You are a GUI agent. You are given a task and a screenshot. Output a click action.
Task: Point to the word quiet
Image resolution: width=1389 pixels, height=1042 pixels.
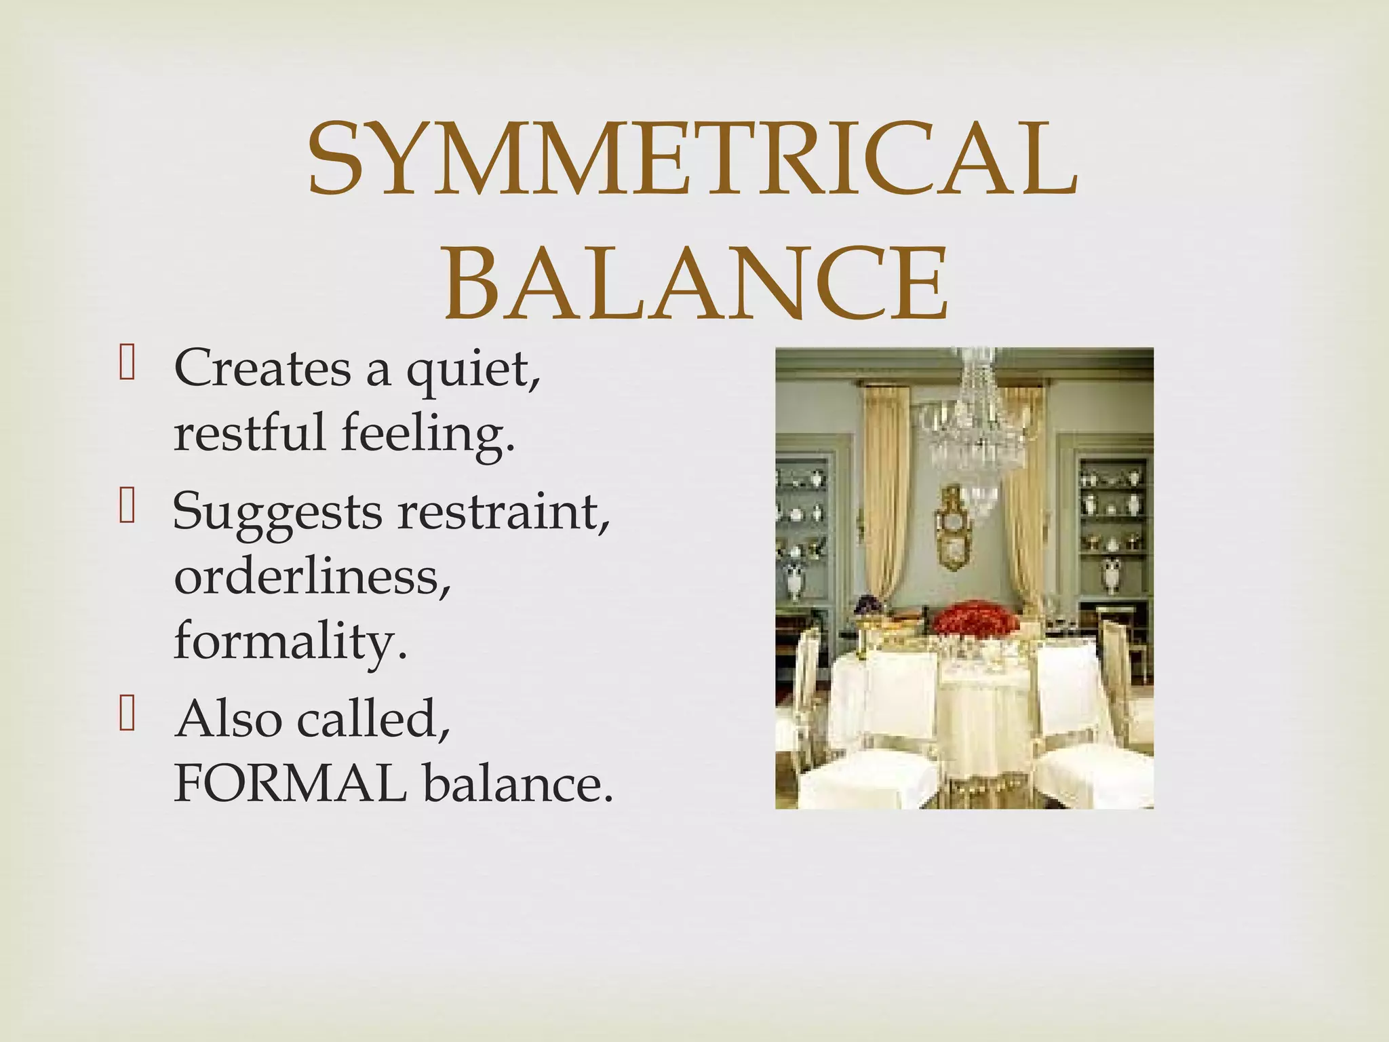tap(473, 370)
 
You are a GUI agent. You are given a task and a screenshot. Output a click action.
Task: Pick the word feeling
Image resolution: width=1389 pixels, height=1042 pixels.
tap(428, 434)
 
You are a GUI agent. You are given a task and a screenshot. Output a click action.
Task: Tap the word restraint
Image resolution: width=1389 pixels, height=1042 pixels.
tap(504, 510)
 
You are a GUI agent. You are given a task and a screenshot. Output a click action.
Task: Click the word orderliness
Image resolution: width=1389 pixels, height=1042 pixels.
tap(313, 577)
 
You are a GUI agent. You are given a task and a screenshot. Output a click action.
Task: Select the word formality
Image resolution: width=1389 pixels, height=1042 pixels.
tap(291, 641)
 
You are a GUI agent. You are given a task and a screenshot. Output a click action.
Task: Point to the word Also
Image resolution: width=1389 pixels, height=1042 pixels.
tap(228, 719)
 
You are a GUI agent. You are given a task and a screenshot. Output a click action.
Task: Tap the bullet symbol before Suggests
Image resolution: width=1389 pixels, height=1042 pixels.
tap(127, 507)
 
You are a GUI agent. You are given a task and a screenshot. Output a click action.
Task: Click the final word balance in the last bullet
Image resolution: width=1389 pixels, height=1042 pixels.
tap(518, 784)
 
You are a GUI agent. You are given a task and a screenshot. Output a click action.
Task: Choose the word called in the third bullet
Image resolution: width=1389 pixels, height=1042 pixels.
tap(373, 719)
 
